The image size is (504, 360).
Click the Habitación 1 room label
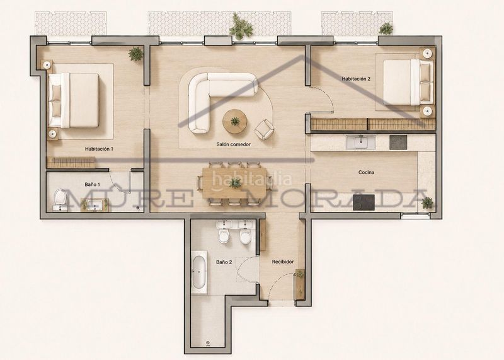99,149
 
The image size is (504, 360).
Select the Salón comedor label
233,144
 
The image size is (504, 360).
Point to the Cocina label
366,173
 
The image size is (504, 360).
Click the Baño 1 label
92,185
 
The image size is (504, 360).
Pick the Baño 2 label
224,262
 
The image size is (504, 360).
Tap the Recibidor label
283,262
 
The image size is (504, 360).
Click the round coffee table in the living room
235,121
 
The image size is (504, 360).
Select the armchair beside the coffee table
264,129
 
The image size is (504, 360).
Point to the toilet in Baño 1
60,199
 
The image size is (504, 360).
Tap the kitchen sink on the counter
360,142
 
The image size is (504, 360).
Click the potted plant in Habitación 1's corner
135,54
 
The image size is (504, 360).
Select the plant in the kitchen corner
427,203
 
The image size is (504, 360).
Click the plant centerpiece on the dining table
235,183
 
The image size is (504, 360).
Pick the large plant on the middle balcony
241,26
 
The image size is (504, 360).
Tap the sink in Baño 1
95,206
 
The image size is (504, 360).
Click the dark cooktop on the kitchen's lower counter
364,202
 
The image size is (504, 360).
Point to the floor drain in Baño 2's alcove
208,342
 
